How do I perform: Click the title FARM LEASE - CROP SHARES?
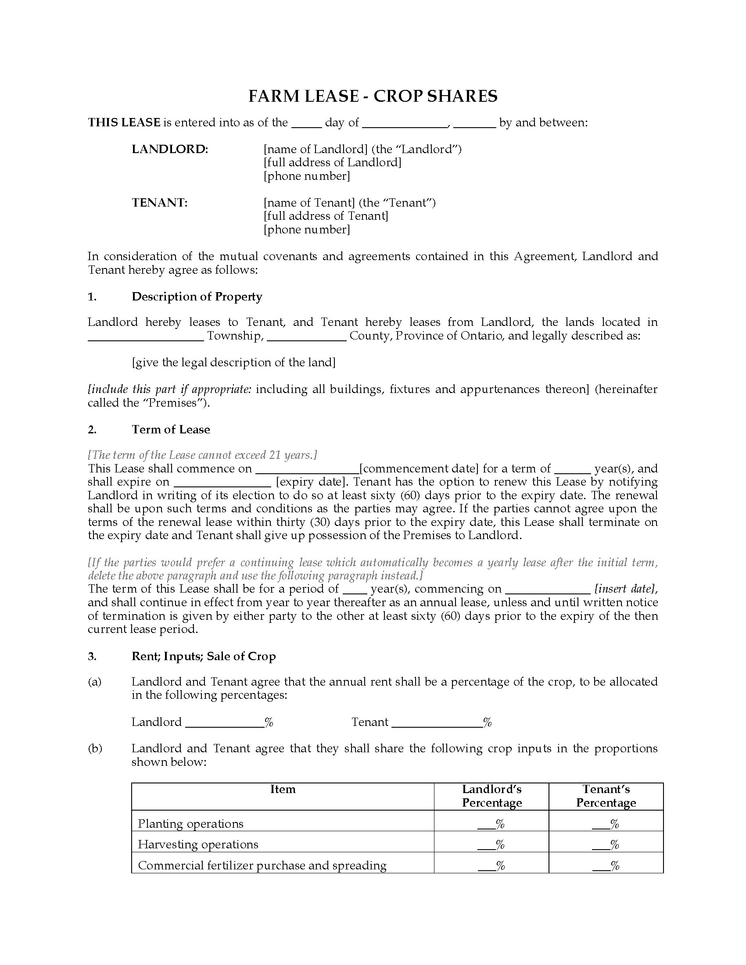(x=373, y=96)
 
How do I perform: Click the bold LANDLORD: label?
(x=170, y=149)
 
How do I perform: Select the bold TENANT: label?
(x=160, y=202)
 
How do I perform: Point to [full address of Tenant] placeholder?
(x=326, y=216)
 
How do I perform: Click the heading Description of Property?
(x=197, y=296)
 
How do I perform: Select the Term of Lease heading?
(x=171, y=429)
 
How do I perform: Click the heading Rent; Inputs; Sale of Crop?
(x=203, y=656)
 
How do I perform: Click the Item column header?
(x=283, y=789)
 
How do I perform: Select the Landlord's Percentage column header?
(x=491, y=796)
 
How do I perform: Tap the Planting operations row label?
(x=190, y=824)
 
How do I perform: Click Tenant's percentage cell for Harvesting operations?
(x=606, y=844)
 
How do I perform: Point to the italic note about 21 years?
(x=202, y=455)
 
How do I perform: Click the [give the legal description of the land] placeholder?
(x=233, y=362)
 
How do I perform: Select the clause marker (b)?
(x=95, y=748)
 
